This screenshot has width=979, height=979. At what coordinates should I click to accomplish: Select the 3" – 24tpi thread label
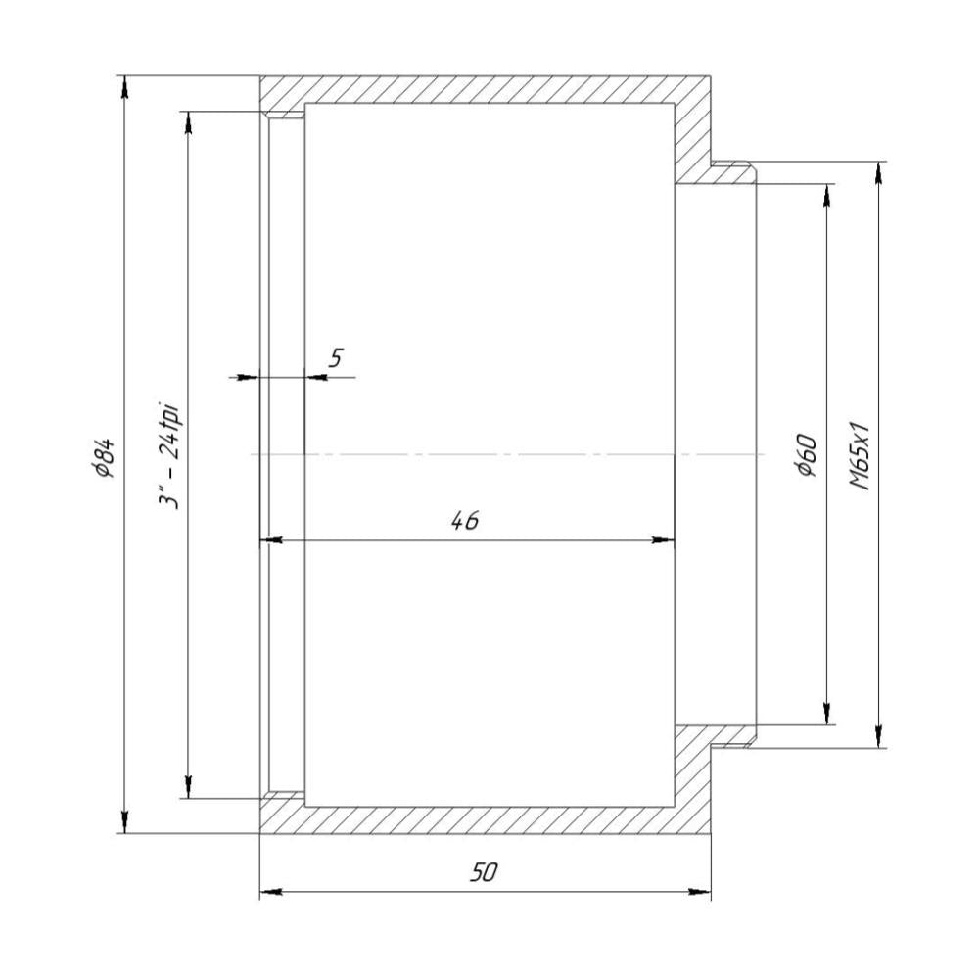169,456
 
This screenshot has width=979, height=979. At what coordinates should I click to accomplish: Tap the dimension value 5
336,358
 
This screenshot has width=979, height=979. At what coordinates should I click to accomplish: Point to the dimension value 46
465,520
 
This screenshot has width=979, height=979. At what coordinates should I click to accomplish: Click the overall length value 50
485,871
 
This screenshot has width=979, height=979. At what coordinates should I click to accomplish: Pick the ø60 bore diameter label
807,455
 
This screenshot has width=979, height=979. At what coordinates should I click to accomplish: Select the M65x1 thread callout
860,456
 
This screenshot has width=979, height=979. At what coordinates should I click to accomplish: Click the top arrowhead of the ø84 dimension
125,87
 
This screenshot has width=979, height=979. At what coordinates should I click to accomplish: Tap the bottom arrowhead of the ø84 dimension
125,821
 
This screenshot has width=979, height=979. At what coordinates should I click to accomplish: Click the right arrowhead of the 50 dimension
700,892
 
